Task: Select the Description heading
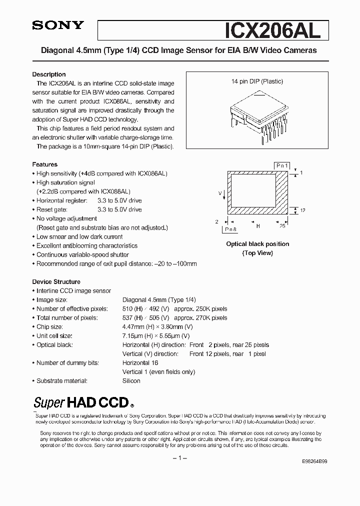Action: pyautogui.click(x=49, y=74)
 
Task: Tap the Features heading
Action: pyautogui.click(x=45, y=164)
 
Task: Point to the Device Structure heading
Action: pyautogui.click(x=56, y=281)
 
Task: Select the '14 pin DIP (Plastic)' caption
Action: pyautogui.click(x=257, y=81)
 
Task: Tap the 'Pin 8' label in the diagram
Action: pyautogui.click(x=230, y=229)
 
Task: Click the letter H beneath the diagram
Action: pyautogui.click(x=258, y=226)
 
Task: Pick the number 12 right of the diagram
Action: pyautogui.click(x=302, y=210)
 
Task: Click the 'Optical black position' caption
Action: pyautogui.click(x=257, y=244)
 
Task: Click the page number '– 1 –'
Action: pyautogui.click(x=179, y=458)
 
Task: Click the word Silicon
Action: pyautogui.click(x=131, y=381)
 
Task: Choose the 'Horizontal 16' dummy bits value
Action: pyautogui.click(x=140, y=363)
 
